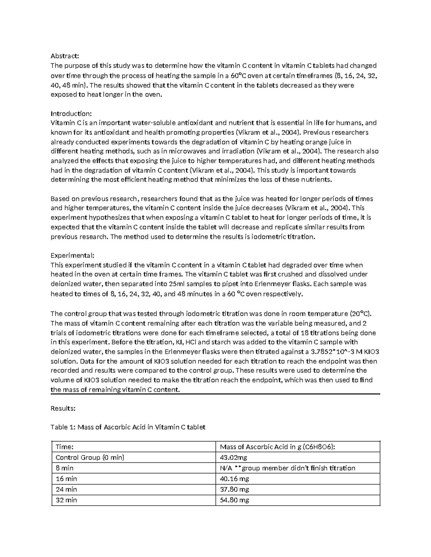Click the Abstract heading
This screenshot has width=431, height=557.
pos(64,56)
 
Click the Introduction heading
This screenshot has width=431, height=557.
pos(71,114)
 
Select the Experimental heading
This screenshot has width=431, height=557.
pos(73,255)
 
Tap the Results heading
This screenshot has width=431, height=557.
pos(63,408)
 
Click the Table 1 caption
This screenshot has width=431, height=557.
pos(128,427)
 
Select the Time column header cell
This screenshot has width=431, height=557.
pos(64,447)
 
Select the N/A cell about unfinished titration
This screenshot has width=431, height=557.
pos(287,468)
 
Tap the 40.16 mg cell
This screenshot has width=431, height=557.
pos(234,479)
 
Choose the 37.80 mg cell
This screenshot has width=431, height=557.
pos(234,489)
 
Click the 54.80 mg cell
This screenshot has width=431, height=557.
pos(234,500)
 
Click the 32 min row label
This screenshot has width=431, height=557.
pos(66,500)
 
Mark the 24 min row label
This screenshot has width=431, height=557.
pos(66,489)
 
